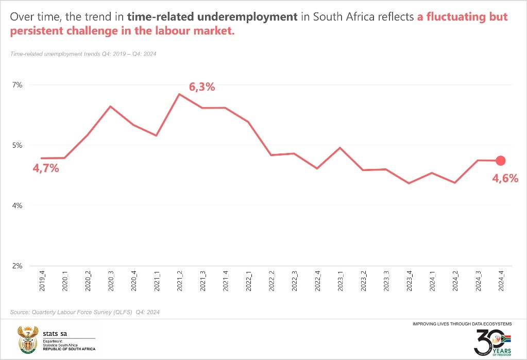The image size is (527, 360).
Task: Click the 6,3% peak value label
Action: click(202, 87)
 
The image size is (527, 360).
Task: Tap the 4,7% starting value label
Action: click(46, 168)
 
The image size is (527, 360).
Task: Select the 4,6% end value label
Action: click(504, 179)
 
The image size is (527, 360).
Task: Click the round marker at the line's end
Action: click(500, 161)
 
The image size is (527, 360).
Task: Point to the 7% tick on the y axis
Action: click(17, 85)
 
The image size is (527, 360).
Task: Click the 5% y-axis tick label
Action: click(17, 145)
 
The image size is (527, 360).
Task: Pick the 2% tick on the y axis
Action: click(17, 266)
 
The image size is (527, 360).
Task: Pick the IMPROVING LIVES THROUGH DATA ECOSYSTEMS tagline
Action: click(462, 324)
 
